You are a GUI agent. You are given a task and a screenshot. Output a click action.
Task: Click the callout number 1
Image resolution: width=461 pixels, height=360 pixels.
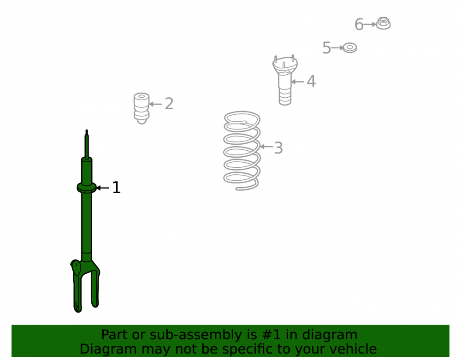point(117,188)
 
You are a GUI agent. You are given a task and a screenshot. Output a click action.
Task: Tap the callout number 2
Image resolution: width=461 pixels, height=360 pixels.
point(169,104)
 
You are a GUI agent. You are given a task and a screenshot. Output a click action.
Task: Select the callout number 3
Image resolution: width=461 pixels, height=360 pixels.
point(278,148)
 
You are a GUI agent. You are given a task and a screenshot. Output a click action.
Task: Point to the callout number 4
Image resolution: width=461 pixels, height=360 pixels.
point(311,81)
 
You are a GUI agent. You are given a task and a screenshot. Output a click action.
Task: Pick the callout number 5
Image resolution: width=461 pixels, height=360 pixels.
point(327,48)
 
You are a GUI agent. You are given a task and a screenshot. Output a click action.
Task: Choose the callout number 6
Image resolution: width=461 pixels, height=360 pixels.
point(359,24)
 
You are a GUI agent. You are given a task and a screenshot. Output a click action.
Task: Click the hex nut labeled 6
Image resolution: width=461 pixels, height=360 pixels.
point(384,23)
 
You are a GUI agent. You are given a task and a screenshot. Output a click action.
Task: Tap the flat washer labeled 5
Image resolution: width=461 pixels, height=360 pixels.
point(350,47)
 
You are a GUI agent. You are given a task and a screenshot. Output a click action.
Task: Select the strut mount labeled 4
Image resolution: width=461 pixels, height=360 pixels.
point(285,80)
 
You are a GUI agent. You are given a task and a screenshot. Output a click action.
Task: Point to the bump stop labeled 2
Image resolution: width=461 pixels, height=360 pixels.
point(142,108)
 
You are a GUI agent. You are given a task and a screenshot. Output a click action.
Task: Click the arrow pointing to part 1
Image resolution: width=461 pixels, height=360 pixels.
point(103,188)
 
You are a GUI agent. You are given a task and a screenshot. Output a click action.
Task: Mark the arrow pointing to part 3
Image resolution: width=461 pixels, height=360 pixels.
point(266,147)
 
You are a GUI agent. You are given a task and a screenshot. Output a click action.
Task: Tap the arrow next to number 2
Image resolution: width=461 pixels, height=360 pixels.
point(155,104)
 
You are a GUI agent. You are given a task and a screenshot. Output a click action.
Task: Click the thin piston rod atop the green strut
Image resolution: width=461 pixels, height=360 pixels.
point(87,145)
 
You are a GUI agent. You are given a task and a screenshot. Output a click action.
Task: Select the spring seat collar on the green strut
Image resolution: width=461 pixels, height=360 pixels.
point(87,188)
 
